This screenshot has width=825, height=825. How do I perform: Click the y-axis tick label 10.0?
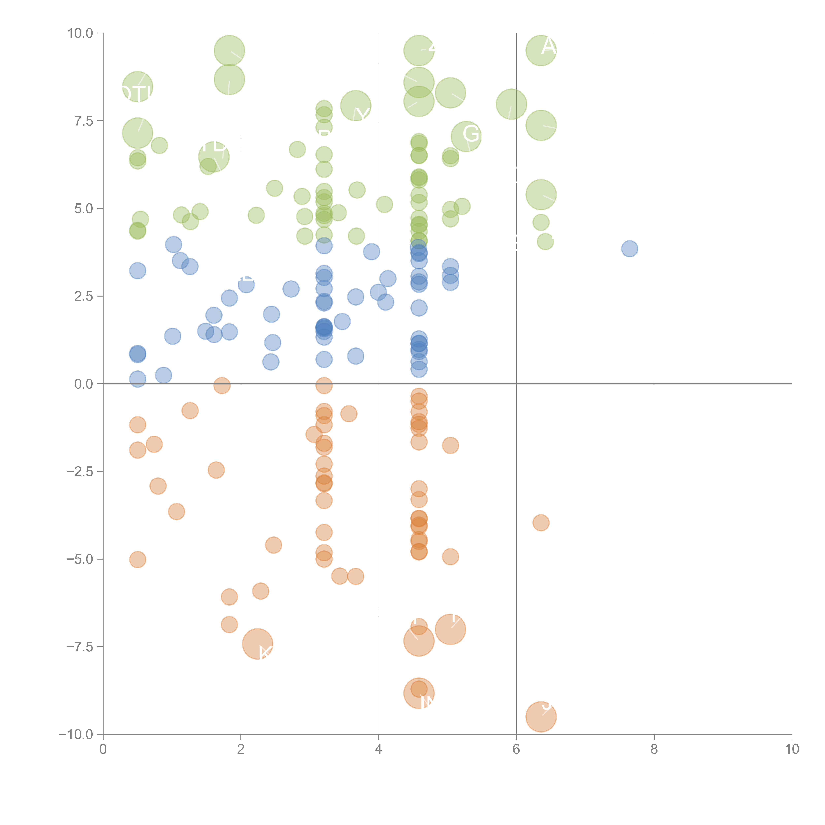(x=80, y=33)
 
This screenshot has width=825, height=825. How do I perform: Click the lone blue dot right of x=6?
(x=629, y=248)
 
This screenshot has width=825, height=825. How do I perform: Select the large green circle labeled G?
(x=466, y=136)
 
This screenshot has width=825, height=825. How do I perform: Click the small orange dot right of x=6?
(x=541, y=523)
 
